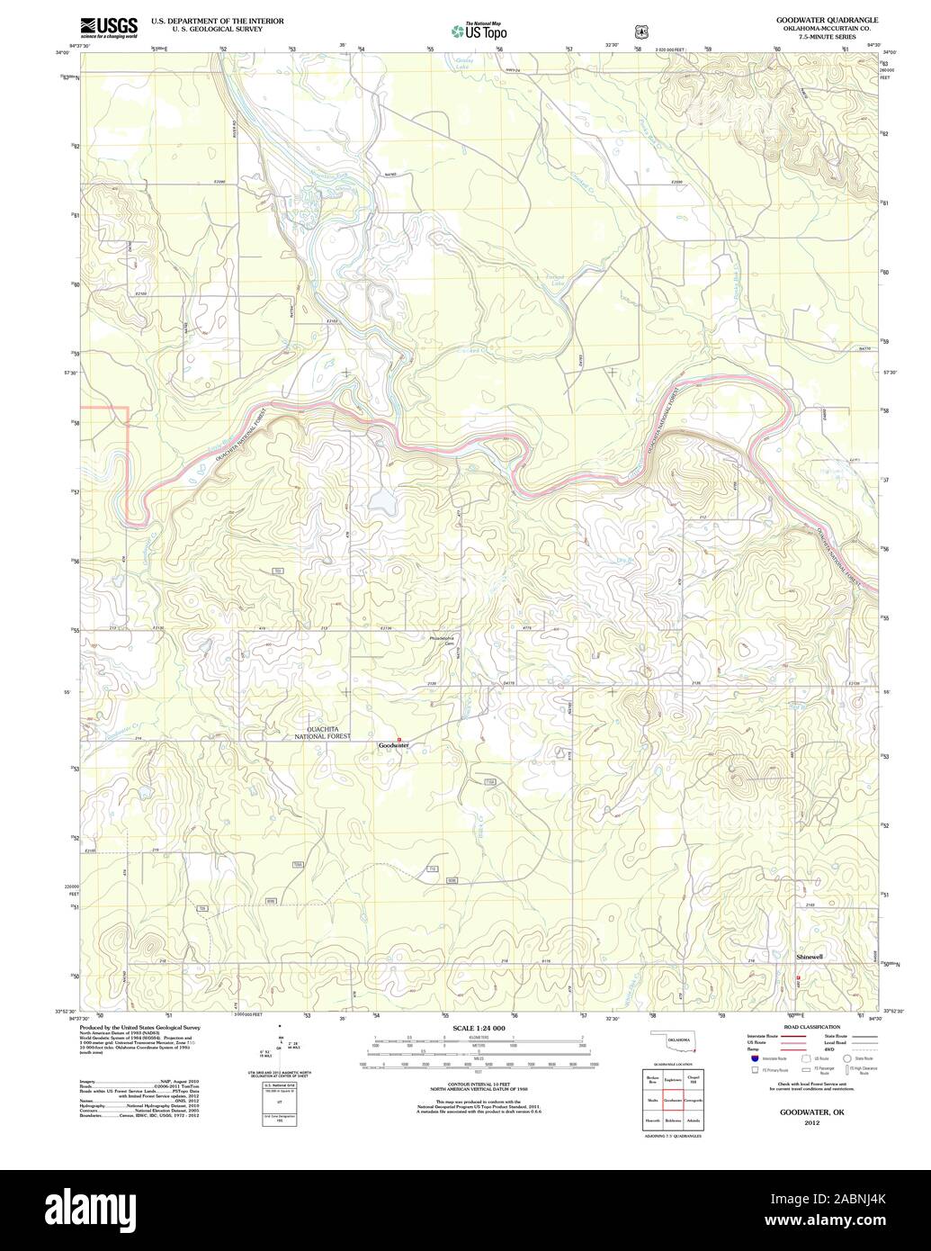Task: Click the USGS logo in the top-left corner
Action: [108, 27]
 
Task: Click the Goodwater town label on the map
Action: [393, 745]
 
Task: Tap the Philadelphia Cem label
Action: [443, 641]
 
